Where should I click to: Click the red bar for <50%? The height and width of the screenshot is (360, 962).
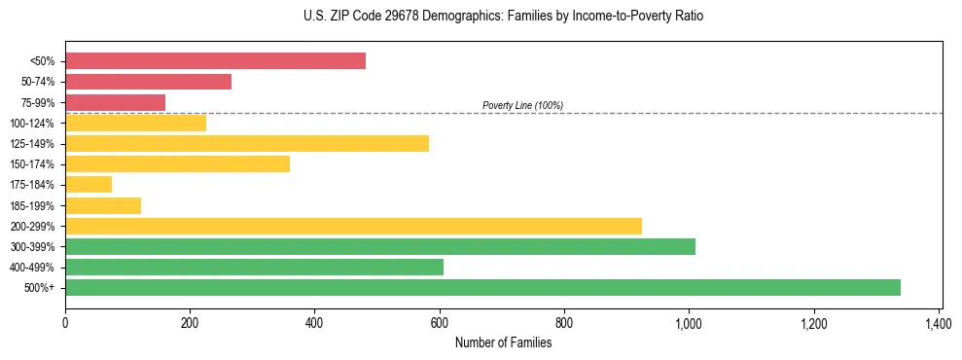(x=215, y=61)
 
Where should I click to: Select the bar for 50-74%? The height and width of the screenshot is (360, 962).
(x=148, y=82)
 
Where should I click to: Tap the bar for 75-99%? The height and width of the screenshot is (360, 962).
(x=115, y=102)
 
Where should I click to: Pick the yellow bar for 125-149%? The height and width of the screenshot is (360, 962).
(x=247, y=144)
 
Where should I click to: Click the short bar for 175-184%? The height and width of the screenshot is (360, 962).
(x=89, y=185)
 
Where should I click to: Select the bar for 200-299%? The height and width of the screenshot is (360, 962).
(x=353, y=226)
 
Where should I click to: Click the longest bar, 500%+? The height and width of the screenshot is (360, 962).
(x=482, y=287)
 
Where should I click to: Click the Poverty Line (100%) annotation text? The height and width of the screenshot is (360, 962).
(x=522, y=105)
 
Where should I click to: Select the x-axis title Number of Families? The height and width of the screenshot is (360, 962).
(x=503, y=342)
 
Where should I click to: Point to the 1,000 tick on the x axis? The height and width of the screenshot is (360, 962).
(x=689, y=322)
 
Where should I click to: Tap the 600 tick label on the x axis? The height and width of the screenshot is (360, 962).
(x=440, y=322)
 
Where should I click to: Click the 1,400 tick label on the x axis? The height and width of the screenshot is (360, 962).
(x=938, y=322)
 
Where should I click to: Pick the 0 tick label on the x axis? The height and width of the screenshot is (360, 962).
(x=65, y=322)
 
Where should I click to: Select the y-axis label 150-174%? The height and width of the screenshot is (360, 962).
(x=34, y=164)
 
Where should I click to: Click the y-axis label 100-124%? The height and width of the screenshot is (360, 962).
(x=34, y=124)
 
